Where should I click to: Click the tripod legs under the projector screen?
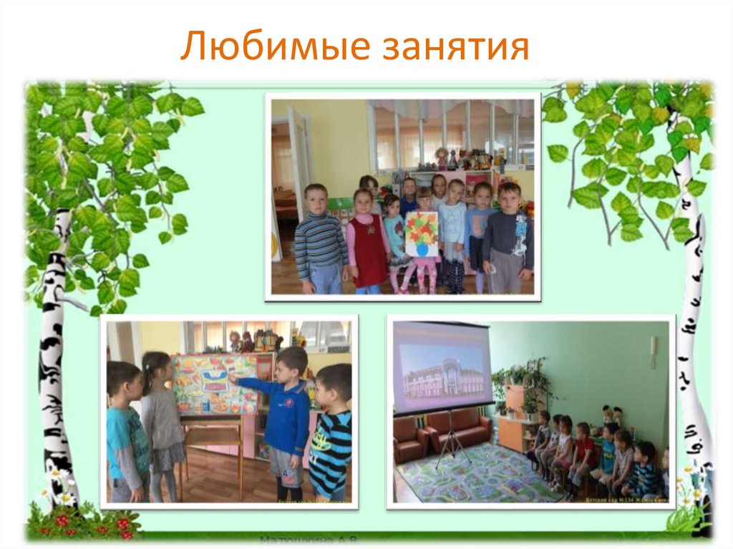click(x=451, y=444)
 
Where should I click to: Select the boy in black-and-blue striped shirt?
click(x=331, y=437)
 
